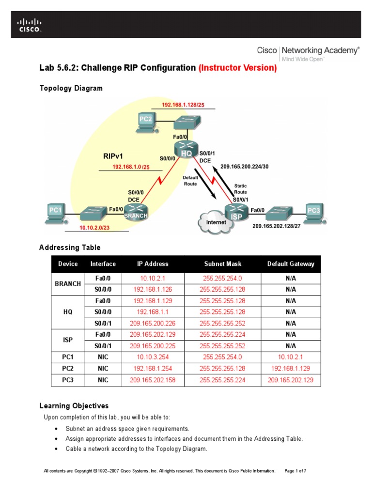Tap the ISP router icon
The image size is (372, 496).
click(236, 212)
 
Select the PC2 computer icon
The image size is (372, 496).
click(146, 123)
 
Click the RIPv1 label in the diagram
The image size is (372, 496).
click(114, 156)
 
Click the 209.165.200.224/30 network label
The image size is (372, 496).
click(244, 166)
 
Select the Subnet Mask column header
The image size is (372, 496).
click(222, 264)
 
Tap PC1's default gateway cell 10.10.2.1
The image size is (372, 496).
click(291, 357)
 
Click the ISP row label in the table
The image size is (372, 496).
click(68, 340)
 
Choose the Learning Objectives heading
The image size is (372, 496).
click(74, 406)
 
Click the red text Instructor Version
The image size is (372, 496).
click(238, 68)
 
